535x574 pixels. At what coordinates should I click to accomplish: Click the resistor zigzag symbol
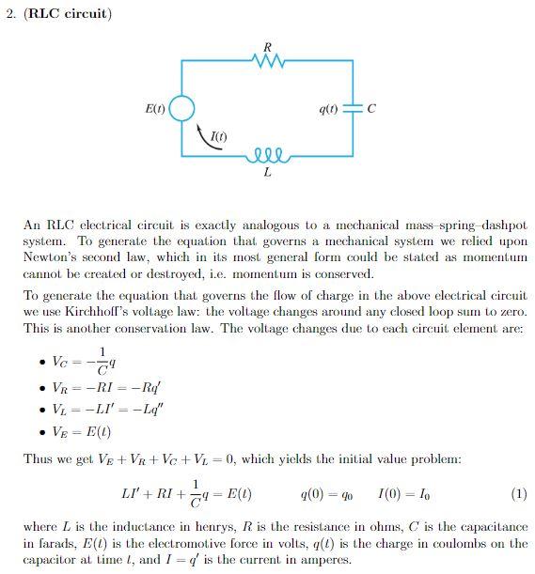click(x=268, y=62)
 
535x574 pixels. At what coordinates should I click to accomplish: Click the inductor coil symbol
click(x=268, y=154)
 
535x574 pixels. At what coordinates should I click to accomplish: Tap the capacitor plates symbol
click(x=352, y=109)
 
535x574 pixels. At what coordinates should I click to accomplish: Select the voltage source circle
click(x=181, y=109)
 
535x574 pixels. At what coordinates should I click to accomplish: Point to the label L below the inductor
click(x=268, y=173)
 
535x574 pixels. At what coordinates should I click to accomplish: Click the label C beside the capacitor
click(x=371, y=109)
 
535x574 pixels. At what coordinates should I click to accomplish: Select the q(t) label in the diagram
click(x=328, y=109)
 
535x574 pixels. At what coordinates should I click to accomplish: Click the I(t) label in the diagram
click(x=218, y=138)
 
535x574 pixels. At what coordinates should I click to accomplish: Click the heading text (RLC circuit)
click(x=64, y=14)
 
